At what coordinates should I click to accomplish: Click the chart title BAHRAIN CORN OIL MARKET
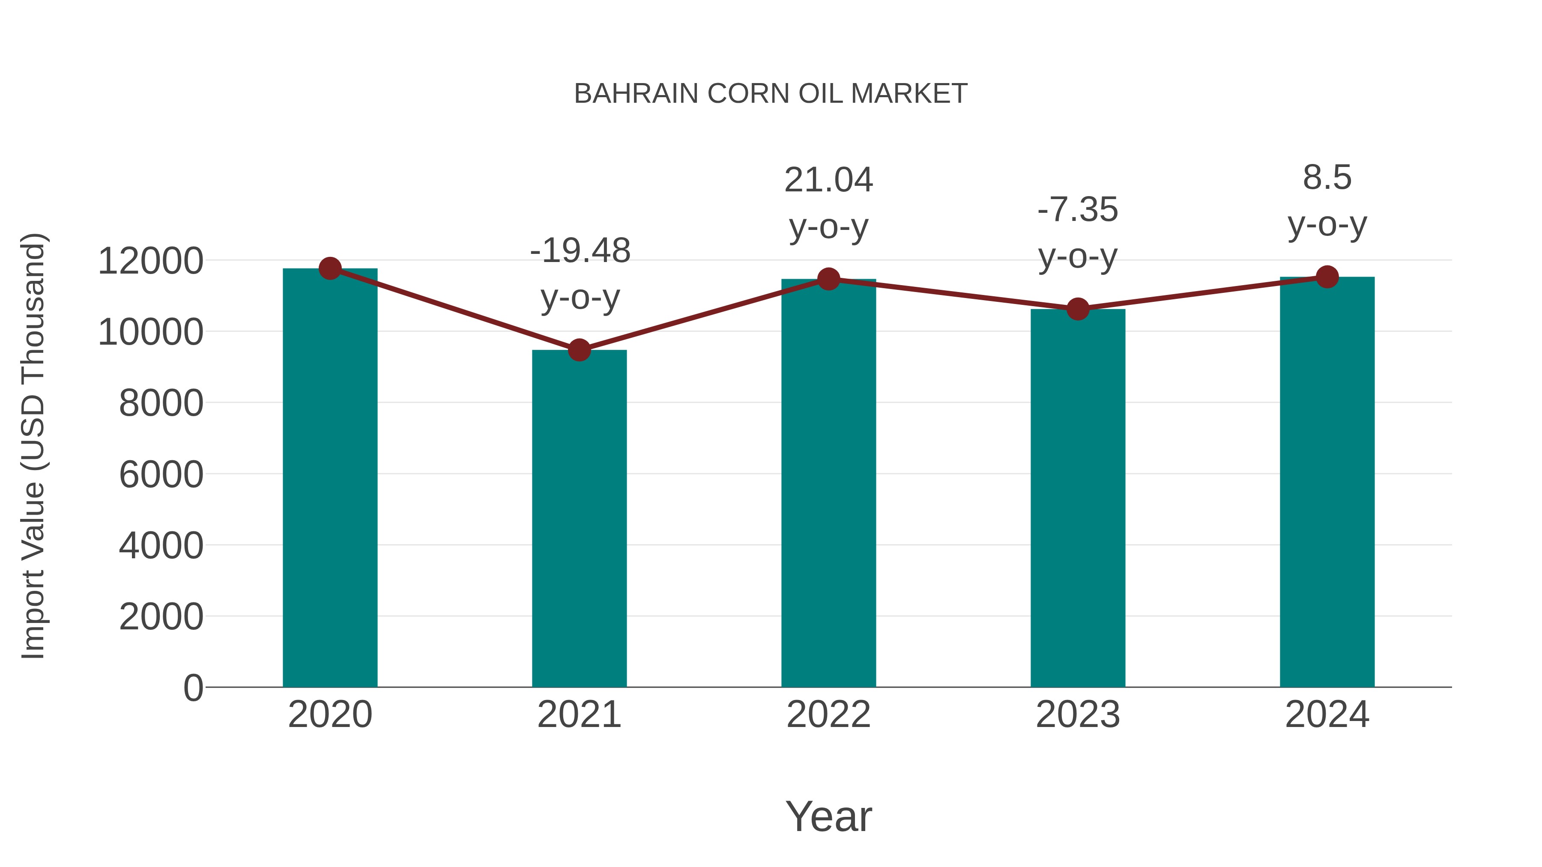[771, 94]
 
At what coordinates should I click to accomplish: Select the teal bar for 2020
[330, 479]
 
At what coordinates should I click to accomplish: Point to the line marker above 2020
[330, 268]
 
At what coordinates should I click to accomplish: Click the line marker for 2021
[579, 350]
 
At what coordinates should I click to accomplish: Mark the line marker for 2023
[1078, 309]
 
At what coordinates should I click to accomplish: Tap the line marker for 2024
[1327, 277]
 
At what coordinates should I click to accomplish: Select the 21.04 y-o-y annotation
[828, 203]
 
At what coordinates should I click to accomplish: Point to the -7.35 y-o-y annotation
[1078, 233]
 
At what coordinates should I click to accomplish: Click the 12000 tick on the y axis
[150, 262]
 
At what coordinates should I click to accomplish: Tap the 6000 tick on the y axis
[161, 474]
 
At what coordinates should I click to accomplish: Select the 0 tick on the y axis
[193, 688]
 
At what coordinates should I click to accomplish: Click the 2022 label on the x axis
[828, 715]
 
